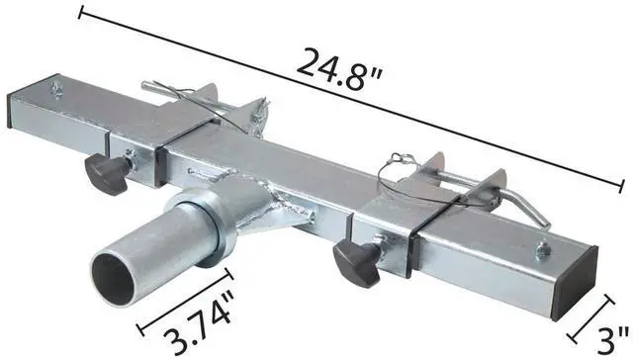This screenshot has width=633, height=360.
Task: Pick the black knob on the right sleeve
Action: coord(352,260)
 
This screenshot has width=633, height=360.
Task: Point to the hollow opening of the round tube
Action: coord(117,271)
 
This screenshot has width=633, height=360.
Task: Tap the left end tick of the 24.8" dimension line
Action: coord(82,13)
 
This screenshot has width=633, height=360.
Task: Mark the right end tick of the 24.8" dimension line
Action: coord(623,185)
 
